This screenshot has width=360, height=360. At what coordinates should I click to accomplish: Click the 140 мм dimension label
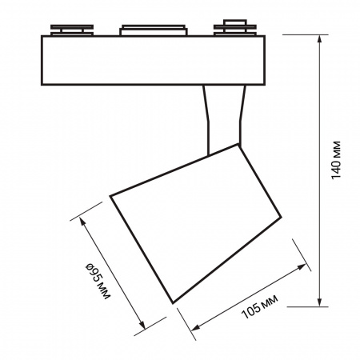pyautogui.click(x=336, y=160)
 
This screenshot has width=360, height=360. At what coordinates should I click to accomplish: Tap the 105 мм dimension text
pyautogui.click(x=259, y=306)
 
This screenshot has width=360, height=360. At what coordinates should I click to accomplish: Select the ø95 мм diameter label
pyautogui.click(x=98, y=281)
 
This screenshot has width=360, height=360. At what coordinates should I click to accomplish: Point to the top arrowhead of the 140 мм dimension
pyautogui.click(x=319, y=38)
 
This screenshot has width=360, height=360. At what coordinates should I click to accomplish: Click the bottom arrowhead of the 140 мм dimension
pyautogui.click(x=319, y=302)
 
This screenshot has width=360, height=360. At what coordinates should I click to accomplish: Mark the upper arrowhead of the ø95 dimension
pyautogui.click(x=82, y=221)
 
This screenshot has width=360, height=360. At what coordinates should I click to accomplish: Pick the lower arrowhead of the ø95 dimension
pyautogui.click(x=143, y=325)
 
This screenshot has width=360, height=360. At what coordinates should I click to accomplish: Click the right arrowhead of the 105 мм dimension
pyautogui.click(x=302, y=266)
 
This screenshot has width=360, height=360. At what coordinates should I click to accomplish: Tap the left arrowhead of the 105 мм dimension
pyautogui.click(x=196, y=328)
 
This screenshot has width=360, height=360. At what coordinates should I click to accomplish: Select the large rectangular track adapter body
pyautogui.click(x=153, y=60)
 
